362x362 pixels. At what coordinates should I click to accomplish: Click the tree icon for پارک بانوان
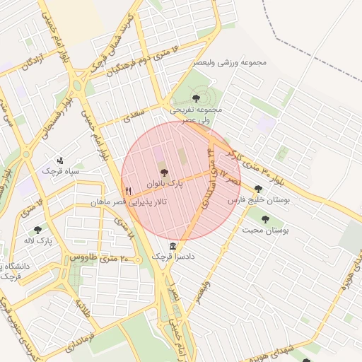164,172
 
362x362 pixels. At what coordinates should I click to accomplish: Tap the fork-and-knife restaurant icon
128,191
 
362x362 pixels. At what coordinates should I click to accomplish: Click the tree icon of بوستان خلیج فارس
258,189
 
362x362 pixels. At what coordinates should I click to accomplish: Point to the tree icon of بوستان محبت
265,219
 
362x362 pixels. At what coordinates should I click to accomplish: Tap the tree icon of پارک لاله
37,230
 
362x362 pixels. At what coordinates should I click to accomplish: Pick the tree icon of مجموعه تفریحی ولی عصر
196,98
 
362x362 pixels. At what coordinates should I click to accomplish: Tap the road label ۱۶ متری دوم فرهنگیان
141,60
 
